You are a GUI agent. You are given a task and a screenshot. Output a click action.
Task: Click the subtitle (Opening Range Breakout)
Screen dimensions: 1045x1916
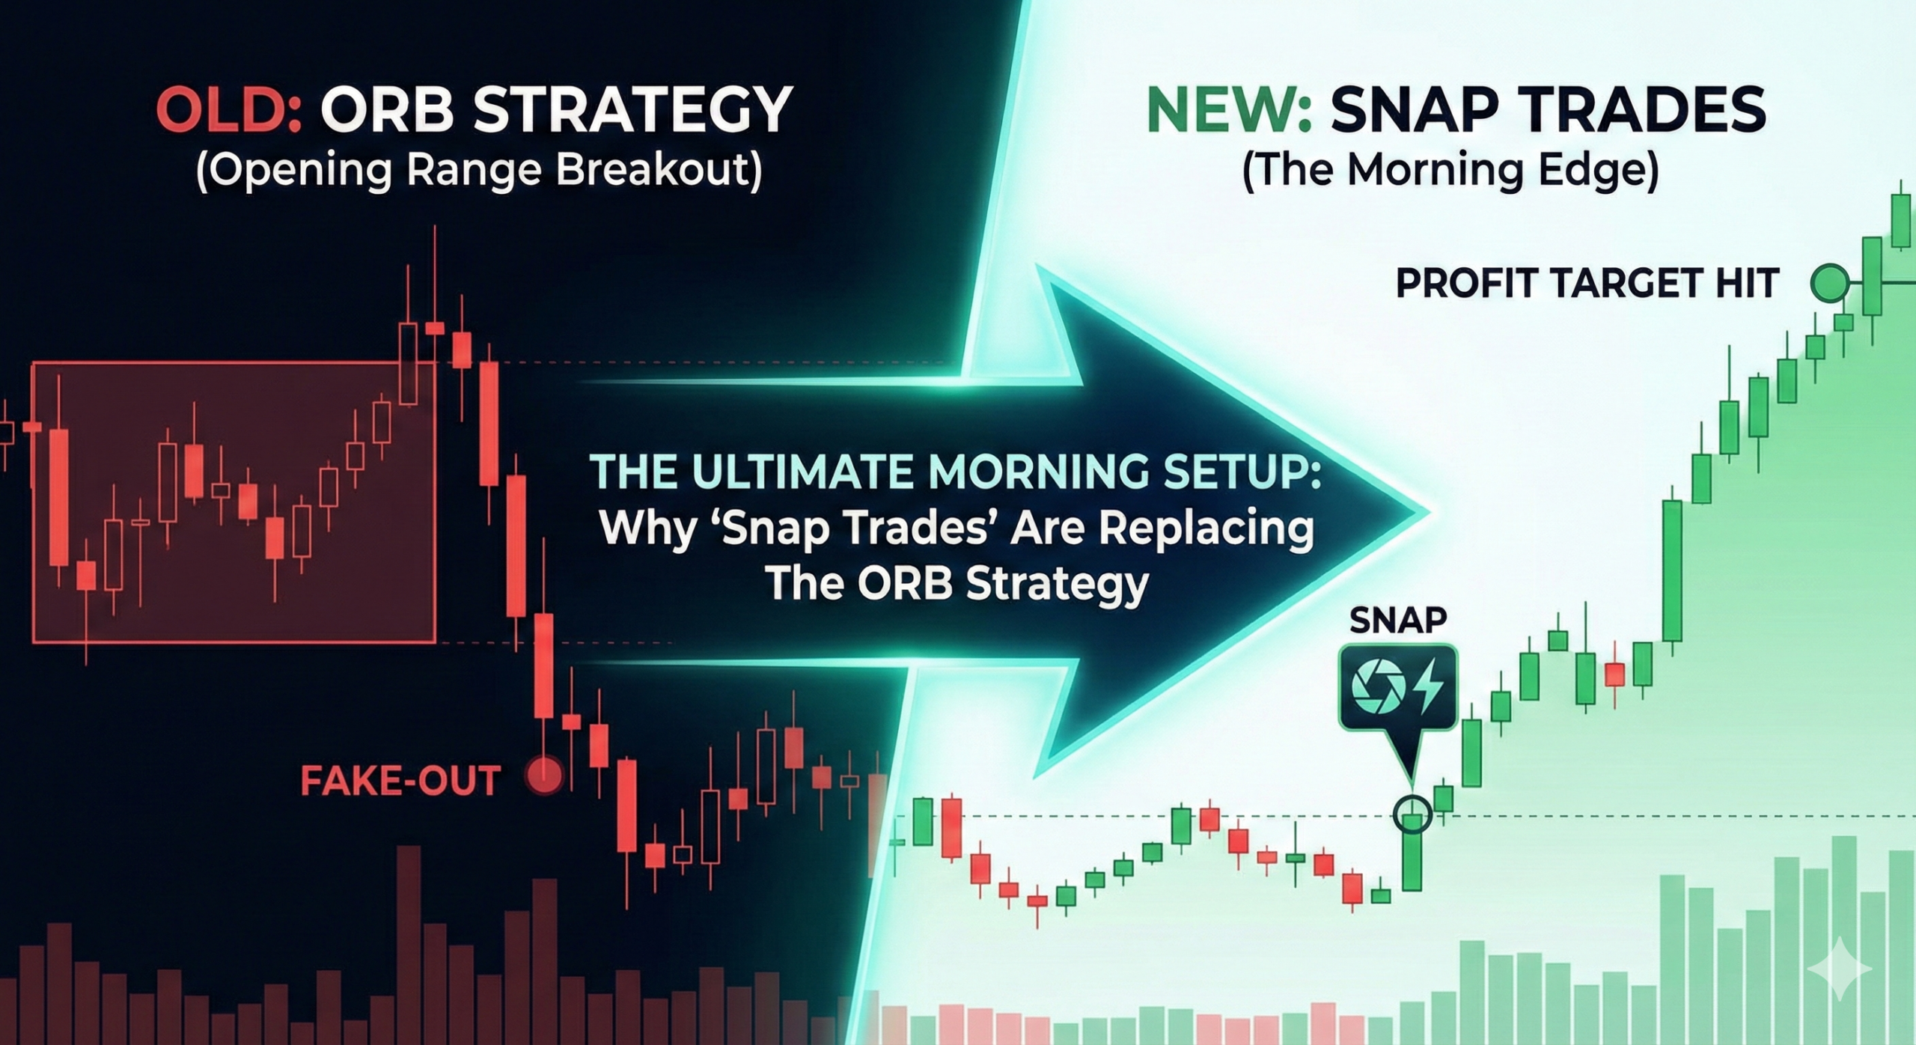click(479, 171)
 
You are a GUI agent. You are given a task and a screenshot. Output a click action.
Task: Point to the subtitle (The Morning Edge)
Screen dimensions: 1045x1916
click(1450, 171)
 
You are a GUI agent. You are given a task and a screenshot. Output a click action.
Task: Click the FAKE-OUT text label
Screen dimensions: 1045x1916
click(400, 782)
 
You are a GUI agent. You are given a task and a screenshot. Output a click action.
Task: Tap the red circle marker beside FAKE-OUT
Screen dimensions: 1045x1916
click(544, 776)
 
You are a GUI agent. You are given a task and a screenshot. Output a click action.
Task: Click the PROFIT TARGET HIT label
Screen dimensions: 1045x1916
click(1587, 284)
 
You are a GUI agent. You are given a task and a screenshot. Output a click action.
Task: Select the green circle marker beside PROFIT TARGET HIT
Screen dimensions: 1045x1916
click(1829, 283)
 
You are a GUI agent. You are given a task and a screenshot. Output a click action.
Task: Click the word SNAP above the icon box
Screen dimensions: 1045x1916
click(1397, 620)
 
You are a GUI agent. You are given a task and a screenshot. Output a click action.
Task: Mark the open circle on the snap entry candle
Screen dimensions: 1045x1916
click(1412, 814)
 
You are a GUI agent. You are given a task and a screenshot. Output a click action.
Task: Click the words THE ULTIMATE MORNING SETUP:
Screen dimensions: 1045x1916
click(955, 473)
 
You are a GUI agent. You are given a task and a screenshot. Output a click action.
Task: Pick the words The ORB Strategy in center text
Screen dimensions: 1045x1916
click(957, 583)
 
